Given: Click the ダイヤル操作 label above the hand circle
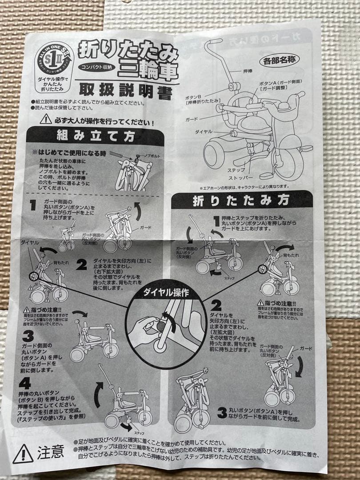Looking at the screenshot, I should (166, 292).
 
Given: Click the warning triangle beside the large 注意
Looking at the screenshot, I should (23, 453).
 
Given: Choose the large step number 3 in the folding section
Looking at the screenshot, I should (222, 413).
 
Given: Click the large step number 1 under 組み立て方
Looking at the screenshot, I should (33, 205).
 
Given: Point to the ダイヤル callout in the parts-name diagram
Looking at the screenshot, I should (204, 132).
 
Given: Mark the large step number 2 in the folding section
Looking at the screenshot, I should (216, 305).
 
